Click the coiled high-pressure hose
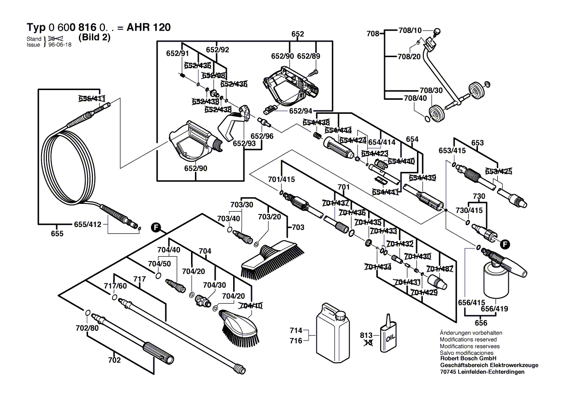(73, 165)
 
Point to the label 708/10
(410, 30)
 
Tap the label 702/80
(88, 328)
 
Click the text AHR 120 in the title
(148, 28)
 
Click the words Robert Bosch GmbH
(466, 359)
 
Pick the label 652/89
(309, 57)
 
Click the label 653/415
(452, 151)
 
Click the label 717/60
(115, 286)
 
